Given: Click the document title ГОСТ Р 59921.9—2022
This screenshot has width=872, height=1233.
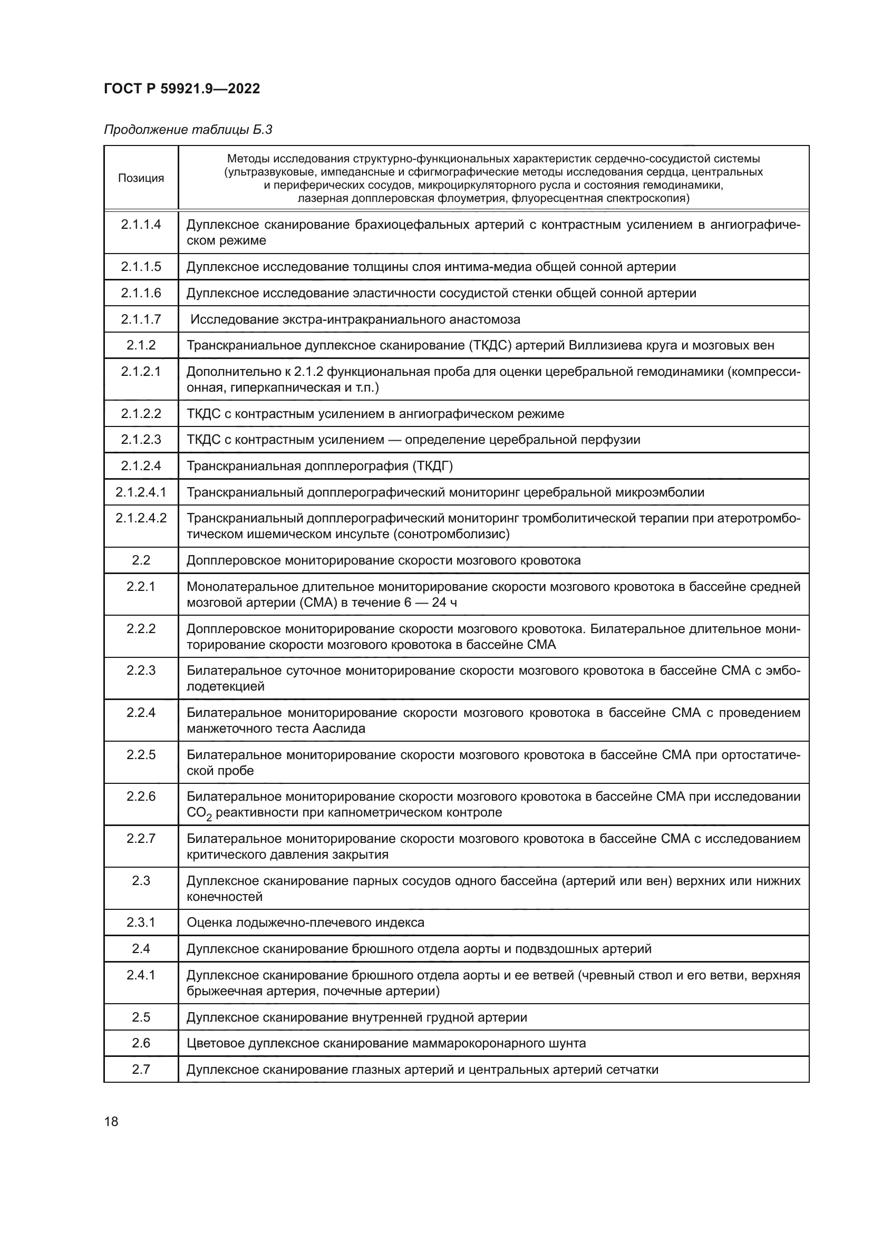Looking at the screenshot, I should (x=181, y=89).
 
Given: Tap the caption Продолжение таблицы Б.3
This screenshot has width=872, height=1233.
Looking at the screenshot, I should (x=188, y=130).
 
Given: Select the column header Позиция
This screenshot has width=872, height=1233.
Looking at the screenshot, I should (x=141, y=178).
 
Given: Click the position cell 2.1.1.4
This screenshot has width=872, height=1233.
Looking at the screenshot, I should (x=141, y=225).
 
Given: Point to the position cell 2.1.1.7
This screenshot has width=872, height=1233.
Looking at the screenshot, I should (x=141, y=319).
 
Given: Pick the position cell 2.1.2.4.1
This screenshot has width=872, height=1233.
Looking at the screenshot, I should (x=141, y=492).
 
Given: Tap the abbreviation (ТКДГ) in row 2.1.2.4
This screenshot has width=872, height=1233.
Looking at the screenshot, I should (x=432, y=466).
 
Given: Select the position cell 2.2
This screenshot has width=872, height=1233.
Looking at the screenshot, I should (x=141, y=561).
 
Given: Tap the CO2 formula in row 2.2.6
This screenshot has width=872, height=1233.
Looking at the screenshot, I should (x=199, y=813).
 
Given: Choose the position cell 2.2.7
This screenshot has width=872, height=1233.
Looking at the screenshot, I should (x=141, y=839).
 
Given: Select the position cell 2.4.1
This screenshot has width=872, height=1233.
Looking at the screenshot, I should (x=141, y=975).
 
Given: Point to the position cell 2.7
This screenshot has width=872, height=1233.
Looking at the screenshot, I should (x=141, y=1070).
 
